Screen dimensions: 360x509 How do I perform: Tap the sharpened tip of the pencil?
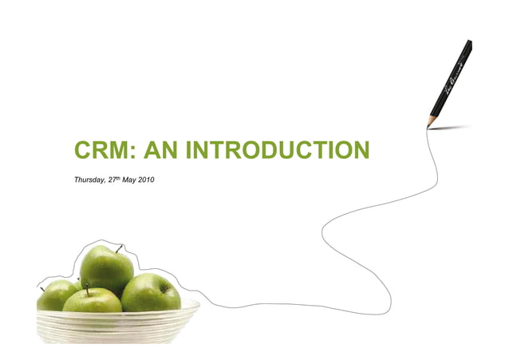click(x=430, y=125)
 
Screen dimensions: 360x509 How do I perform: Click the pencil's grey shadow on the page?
click(x=451, y=127)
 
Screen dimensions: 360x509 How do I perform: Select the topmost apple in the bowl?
click(x=106, y=269)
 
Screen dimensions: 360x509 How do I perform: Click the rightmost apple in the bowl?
click(x=152, y=293)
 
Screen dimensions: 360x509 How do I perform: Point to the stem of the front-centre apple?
click(x=88, y=291)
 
